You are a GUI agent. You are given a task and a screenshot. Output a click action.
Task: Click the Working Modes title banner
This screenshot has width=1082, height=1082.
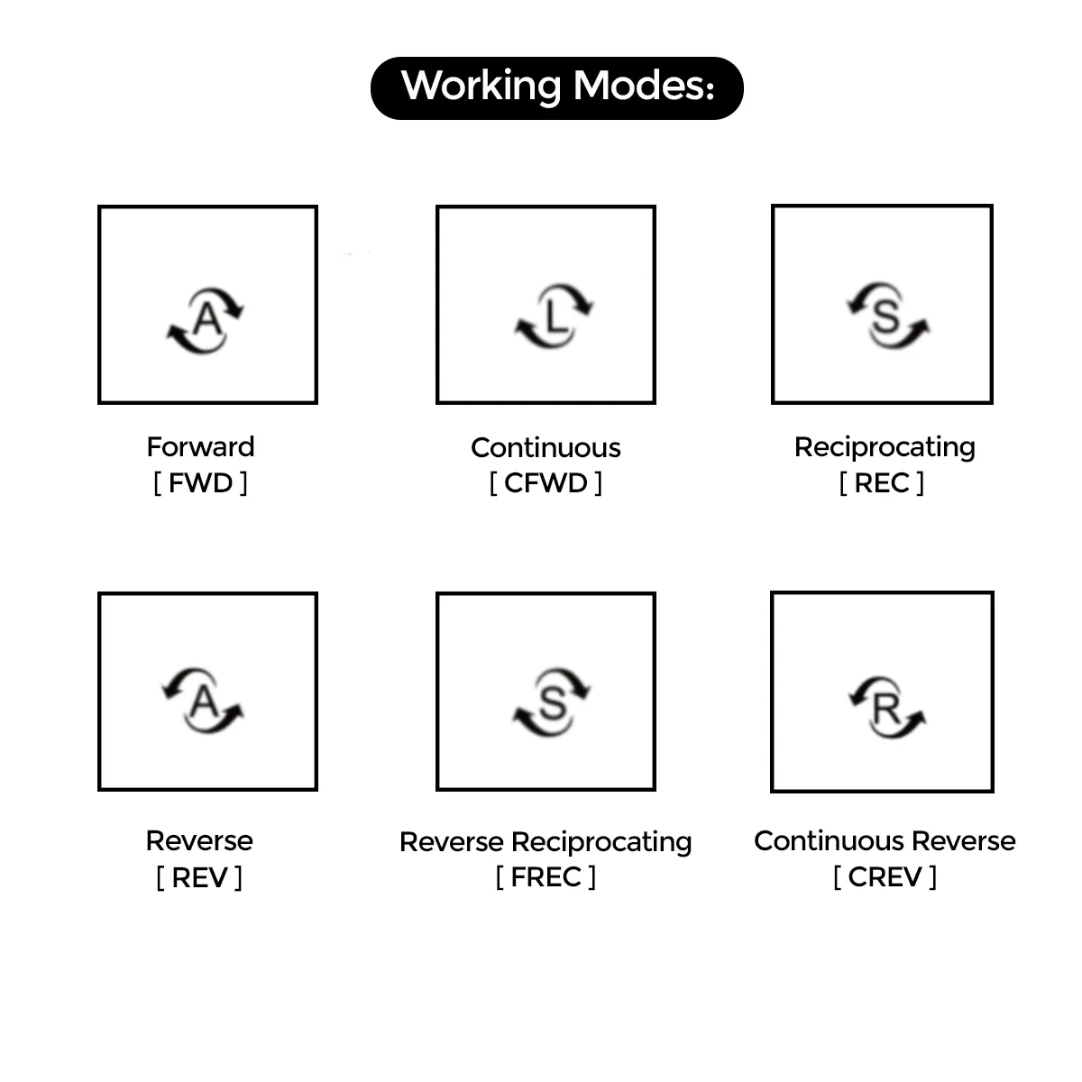pyautogui.click(x=556, y=87)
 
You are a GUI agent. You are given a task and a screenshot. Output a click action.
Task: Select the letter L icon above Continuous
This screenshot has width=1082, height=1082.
pyautogui.click(x=554, y=317)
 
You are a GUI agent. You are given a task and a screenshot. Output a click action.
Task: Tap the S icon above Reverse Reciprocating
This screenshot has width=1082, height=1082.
pyautogui.click(x=552, y=701)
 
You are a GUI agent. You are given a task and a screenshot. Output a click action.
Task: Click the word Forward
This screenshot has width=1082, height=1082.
pyautogui.click(x=200, y=446)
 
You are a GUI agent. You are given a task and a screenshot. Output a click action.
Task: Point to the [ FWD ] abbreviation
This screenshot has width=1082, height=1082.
pyautogui.click(x=200, y=483)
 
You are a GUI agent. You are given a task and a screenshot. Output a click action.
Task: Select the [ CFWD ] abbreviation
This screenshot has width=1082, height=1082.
pyautogui.click(x=546, y=483)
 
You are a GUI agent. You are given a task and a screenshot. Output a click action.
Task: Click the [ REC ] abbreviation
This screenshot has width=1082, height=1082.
pyautogui.click(x=881, y=483)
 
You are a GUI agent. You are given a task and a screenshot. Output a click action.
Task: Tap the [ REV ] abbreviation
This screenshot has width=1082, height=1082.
pyautogui.click(x=199, y=877)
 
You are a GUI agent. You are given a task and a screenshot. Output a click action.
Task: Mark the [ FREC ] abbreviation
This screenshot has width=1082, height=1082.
pyautogui.click(x=546, y=877)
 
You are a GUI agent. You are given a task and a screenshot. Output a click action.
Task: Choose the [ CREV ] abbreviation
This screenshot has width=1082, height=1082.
pyautogui.click(x=885, y=877)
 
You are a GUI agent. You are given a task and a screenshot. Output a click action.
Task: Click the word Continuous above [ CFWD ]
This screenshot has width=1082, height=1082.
pyautogui.click(x=546, y=447)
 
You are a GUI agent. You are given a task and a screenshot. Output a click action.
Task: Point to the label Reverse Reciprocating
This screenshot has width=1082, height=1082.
pyautogui.click(x=546, y=841)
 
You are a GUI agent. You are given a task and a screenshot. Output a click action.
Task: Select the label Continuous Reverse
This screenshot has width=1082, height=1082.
pyautogui.click(x=885, y=840)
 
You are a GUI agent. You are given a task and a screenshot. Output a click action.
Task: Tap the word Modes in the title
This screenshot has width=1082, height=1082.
pyautogui.click(x=643, y=86)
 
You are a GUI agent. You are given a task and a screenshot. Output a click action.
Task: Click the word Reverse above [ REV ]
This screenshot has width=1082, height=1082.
pyautogui.click(x=199, y=840)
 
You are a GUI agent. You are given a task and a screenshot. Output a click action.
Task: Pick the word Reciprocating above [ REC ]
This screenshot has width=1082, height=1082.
pyautogui.click(x=885, y=447)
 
